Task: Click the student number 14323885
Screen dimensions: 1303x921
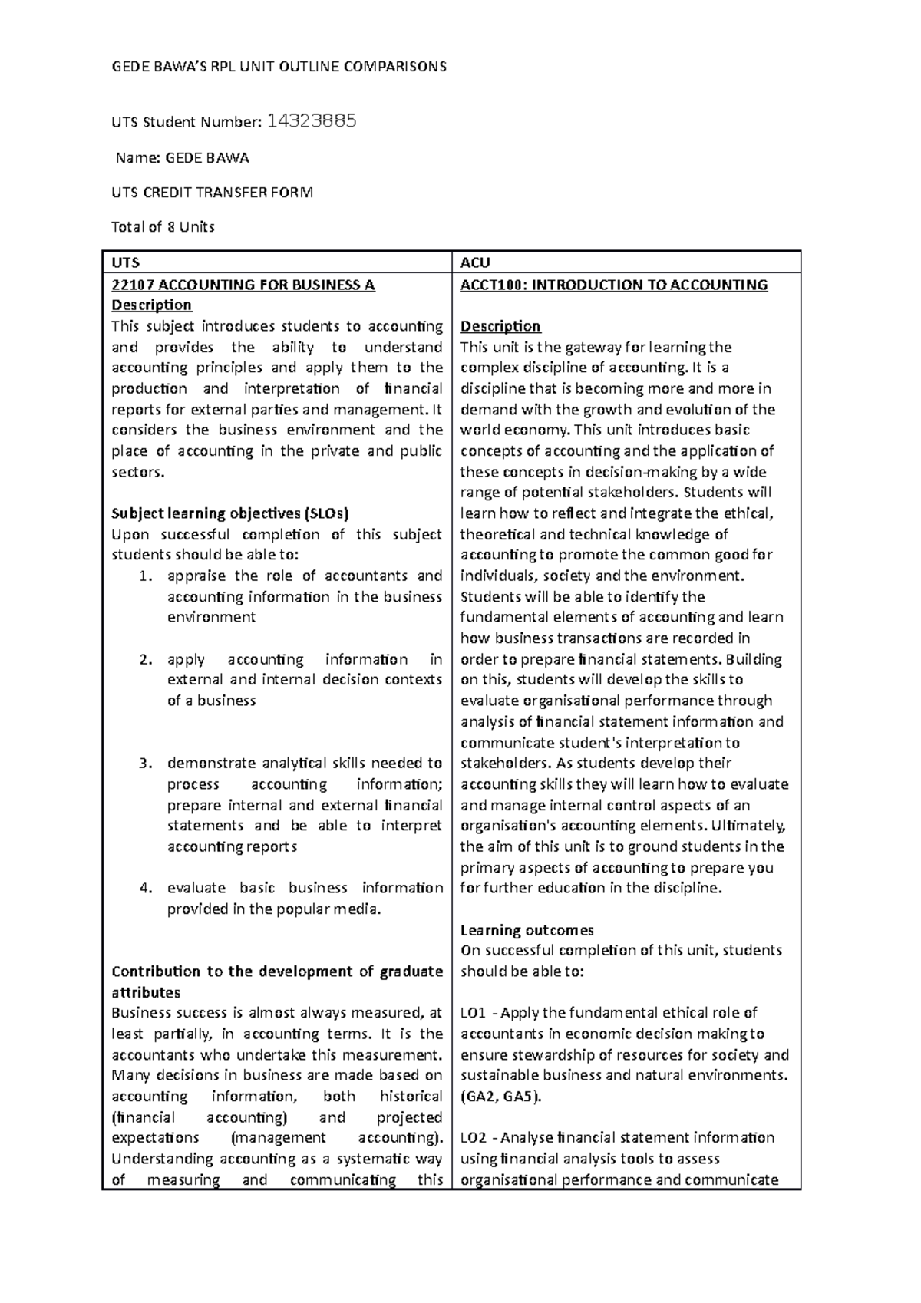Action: (311, 120)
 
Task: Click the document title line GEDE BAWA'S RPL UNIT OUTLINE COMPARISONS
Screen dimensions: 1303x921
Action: (279, 67)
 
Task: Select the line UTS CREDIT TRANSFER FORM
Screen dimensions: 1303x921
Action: (213, 193)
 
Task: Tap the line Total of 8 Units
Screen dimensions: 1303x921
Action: (163, 227)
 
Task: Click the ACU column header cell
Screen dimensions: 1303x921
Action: (475, 262)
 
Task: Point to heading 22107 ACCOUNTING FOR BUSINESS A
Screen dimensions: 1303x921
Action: (243, 285)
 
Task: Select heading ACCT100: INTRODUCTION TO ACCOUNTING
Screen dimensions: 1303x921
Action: (613, 285)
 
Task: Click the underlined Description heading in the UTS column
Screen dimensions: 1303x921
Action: (151, 305)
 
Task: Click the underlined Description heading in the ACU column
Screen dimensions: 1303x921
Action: (500, 326)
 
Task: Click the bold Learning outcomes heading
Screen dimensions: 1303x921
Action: (527, 930)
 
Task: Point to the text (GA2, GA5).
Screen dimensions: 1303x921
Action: (500, 1097)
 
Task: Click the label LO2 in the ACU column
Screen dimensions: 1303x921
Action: (472, 1138)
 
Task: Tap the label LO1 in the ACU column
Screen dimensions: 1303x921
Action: (472, 1013)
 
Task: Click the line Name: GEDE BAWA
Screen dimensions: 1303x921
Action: (183, 158)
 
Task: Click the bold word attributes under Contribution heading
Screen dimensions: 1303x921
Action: (146, 992)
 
